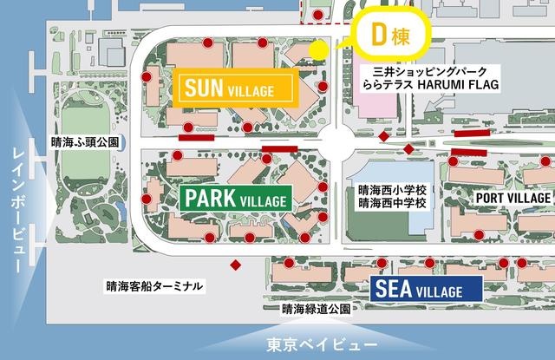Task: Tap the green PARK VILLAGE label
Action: point(235,197)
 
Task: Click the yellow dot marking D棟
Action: point(319,49)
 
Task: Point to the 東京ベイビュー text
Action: point(308,341)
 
